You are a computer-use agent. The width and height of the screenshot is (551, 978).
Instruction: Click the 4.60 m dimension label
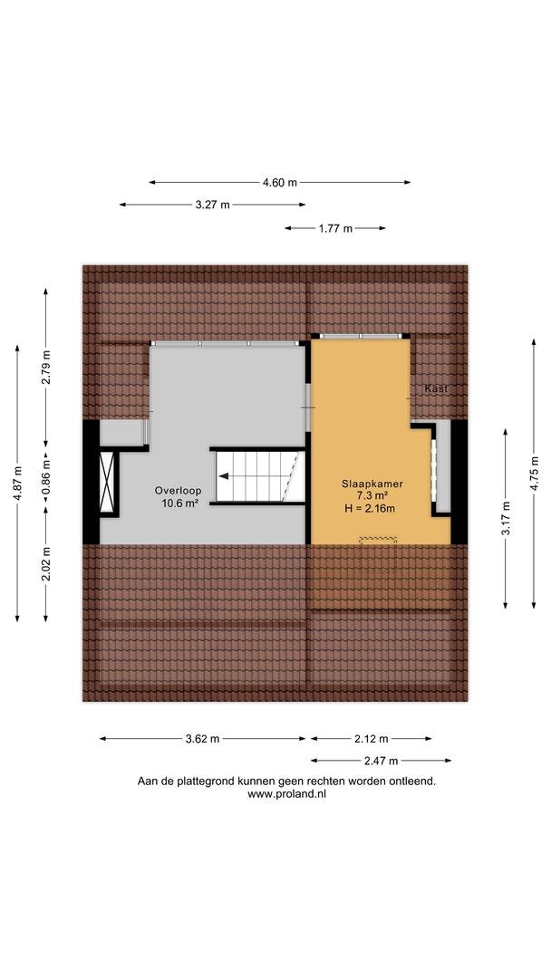point(279,183)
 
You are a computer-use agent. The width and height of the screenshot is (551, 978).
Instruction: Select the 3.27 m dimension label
point(212,205)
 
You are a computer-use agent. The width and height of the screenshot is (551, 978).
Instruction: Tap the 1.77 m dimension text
point(335,228)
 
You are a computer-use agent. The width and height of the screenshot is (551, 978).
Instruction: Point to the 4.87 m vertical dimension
point(17,483)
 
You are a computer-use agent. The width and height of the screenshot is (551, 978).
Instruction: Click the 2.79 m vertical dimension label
point(46,368)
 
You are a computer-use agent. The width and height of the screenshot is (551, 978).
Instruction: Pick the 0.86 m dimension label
point(46,477)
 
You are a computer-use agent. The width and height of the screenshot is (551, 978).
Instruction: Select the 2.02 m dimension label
point(46,564)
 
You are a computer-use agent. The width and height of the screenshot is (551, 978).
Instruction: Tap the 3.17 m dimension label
point(506,518)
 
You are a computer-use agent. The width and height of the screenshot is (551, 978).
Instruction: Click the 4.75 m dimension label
point(534,474)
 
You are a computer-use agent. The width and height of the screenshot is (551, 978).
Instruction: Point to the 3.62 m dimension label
point(202,739)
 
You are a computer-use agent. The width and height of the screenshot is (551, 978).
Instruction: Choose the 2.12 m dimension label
point(371,739)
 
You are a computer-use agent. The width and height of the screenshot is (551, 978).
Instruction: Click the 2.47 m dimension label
point(381,761)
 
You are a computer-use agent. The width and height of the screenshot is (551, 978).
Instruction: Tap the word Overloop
point(178,491)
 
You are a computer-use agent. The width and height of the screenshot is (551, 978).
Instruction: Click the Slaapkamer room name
point(372,484)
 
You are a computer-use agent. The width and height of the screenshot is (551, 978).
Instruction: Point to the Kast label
point(436,388)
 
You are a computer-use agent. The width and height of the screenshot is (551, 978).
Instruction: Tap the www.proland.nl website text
point(286,794)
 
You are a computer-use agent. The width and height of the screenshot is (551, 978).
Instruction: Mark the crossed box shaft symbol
point(107,482)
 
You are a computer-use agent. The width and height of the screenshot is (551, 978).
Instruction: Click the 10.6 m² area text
point(178,503)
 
